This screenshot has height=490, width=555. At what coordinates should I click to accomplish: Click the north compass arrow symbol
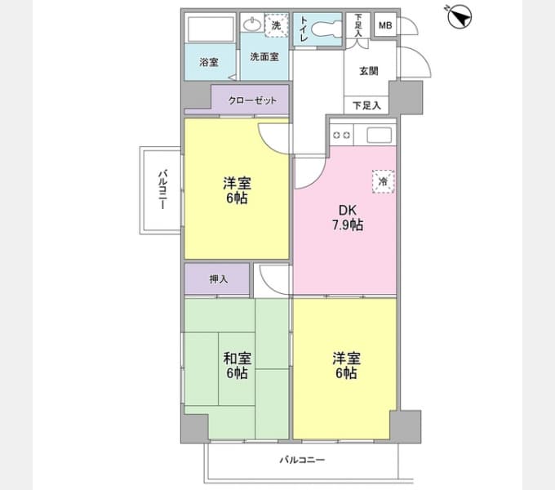click(459, 16)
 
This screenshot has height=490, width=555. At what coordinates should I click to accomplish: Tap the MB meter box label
click(385, 25)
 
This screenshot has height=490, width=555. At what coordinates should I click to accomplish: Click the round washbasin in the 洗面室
click(253, 24)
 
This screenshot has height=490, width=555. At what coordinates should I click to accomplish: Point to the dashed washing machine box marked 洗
click(277, 25)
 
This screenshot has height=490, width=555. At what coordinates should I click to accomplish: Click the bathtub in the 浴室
click(211, 29)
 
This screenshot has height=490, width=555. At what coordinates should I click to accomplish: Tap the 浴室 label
click(208, 62)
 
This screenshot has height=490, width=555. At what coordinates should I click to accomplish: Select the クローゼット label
click(252, 100)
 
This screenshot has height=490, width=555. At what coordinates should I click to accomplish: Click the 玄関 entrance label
click(369, 71)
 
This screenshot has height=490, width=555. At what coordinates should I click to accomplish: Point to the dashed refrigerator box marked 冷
click(383, 181)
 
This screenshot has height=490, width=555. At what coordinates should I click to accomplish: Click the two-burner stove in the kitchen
click(342, 135)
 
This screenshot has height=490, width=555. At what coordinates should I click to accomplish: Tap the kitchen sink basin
click(379, 135)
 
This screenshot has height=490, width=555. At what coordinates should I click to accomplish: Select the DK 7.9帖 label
click(347, 217)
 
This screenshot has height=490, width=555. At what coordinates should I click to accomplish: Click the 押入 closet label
click(219, 279)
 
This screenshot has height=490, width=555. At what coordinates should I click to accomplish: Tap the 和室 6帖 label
click(238, 365)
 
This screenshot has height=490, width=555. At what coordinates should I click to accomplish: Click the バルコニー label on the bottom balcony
click(302, 460)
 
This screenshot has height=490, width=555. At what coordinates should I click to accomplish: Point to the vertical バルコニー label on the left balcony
click(162, 190)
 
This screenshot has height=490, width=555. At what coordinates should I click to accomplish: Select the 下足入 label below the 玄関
click(366, 105)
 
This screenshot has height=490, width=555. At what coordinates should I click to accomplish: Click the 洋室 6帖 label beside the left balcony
click(238, 190)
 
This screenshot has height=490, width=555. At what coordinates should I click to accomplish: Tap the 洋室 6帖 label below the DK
click(347, 366)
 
